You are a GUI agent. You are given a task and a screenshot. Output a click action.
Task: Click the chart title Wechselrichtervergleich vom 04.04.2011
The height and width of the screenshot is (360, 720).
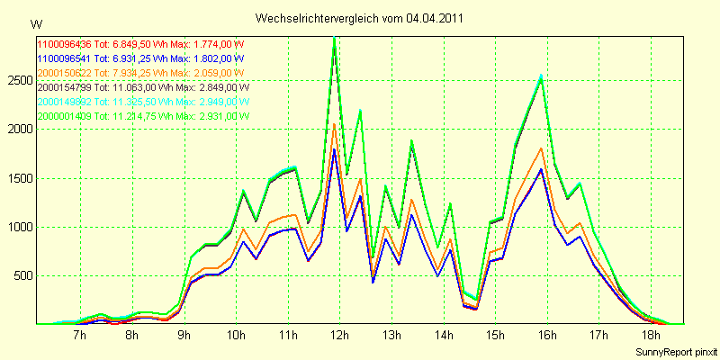click(360, 18)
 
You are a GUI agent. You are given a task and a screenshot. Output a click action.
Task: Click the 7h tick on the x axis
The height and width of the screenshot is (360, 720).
click(79, 336)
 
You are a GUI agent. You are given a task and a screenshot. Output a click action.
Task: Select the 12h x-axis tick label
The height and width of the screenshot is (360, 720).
click(340, 336)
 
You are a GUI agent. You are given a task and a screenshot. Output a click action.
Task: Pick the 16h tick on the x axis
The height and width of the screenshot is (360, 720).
click(547, 336)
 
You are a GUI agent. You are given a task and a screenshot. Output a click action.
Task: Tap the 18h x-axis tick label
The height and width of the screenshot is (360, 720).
click(652, 336)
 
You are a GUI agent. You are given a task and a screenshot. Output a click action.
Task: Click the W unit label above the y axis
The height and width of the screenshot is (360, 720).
click(36, 22)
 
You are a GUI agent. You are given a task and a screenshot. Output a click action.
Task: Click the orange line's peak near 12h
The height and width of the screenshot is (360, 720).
click(334, 123)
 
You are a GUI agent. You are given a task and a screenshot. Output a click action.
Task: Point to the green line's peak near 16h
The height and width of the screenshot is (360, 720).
click(541, 76)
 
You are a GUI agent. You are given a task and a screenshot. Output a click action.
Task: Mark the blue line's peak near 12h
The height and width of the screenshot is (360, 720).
click(334, 148)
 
